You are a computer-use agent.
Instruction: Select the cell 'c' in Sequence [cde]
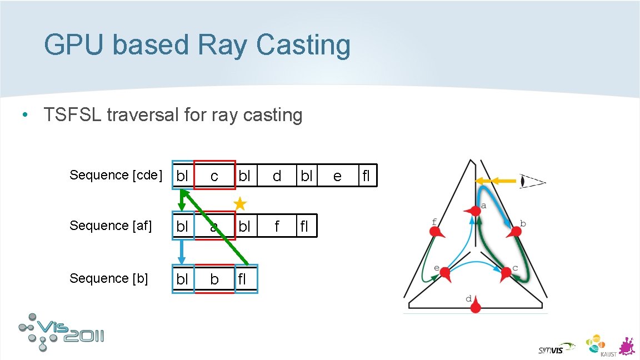[214, 176]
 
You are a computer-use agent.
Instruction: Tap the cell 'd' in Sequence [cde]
[277, 176]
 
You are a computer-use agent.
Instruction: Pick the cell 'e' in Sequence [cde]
[337, 176]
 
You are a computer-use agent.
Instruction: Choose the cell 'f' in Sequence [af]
[277, 226]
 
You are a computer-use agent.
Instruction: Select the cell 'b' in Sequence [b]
[214, 279]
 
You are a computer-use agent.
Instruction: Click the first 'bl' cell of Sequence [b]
[183, 279]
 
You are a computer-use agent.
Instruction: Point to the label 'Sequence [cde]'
[116, 176]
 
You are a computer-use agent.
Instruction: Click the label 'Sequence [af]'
[111, 226]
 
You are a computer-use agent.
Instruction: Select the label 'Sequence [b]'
[109, 278]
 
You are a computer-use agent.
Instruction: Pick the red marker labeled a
[473, 212]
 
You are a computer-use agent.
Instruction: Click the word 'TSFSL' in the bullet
[72, 115]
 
